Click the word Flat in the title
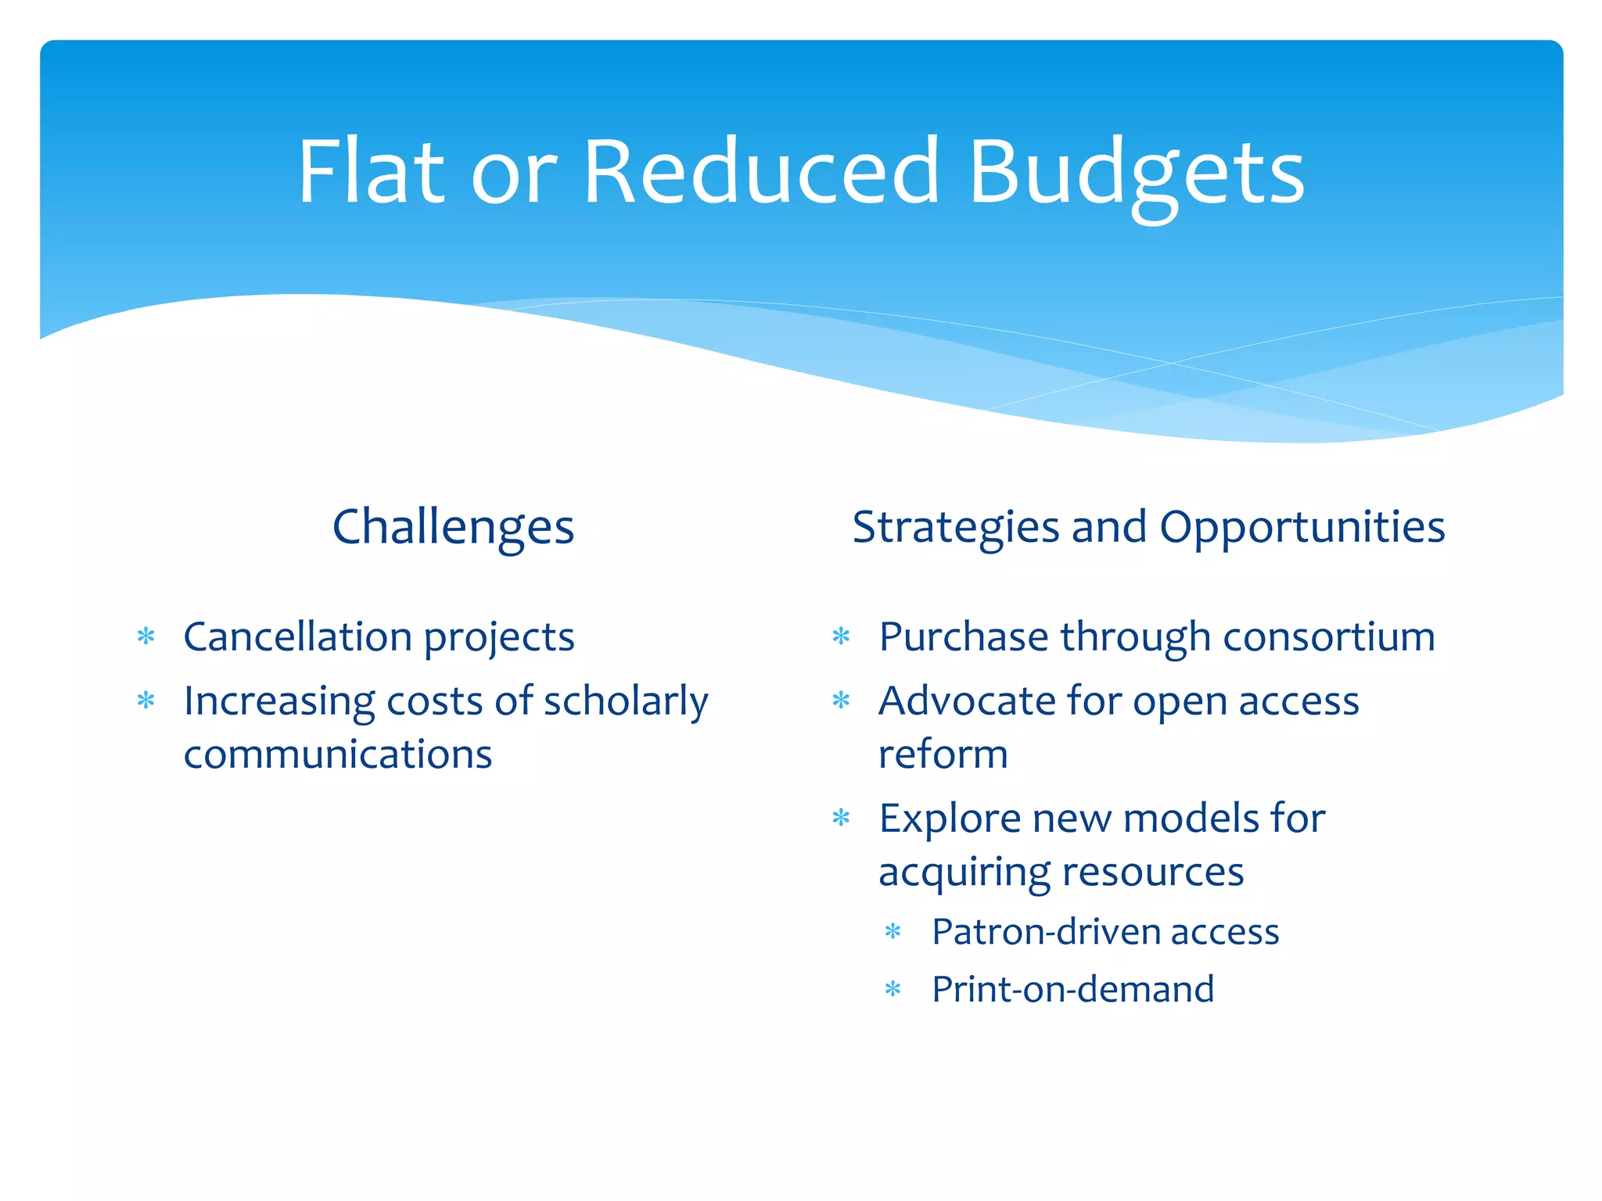click(x=372, y=172)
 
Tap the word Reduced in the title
click(x=760, y=172)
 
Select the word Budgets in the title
click(x=1136, y=174)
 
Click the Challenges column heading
click(x=453, y=527)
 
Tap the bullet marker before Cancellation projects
click(x=146, y=636)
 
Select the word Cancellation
click(x=297, y=636)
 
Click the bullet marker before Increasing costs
click(x=146, y=701)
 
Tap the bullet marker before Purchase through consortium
click(x=841, y=636)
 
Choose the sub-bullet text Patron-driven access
click(x=1105, y=932)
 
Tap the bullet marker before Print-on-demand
click(x=893, y=990)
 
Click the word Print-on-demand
click(x=1072, y=990)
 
